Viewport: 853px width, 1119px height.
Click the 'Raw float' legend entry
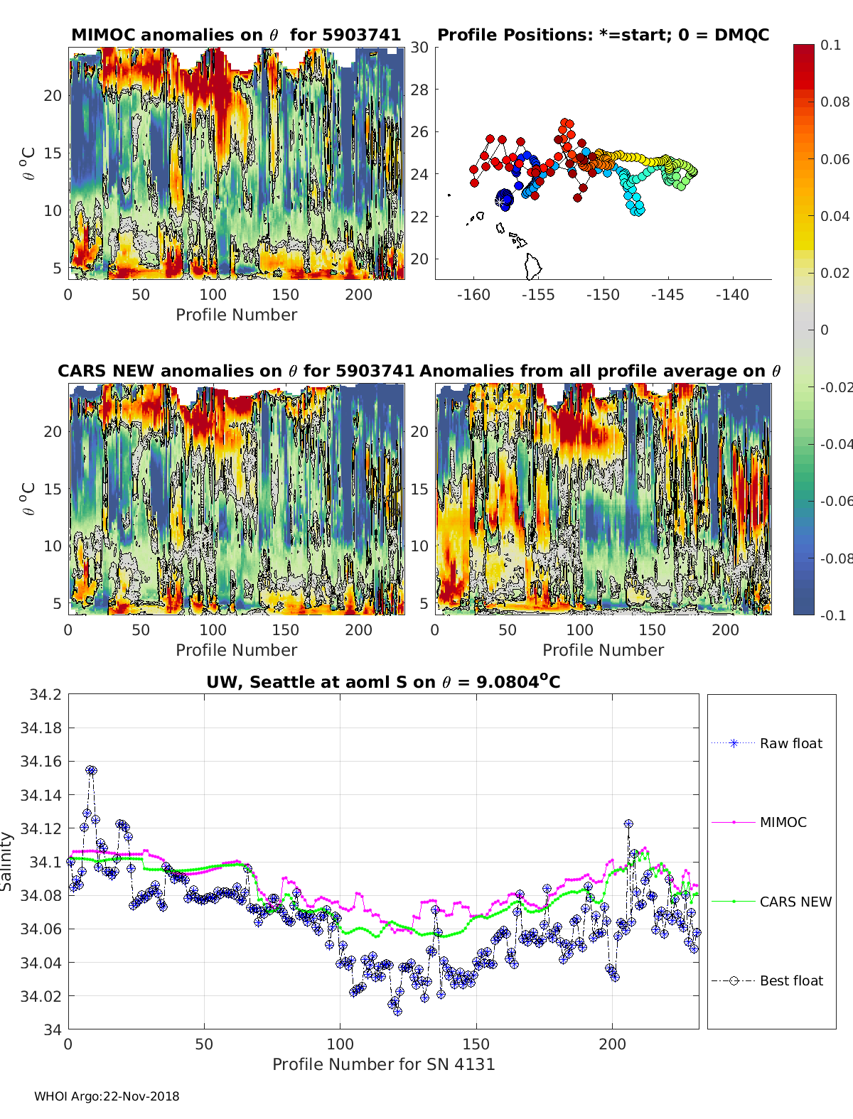[x=767, y=743]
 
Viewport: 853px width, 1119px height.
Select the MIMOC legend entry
[x=759, y=822]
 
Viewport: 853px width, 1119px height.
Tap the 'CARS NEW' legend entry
[x=771, y=902]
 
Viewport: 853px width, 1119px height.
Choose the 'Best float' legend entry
[x=767, y=981]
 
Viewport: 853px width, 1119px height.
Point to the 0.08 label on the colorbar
[x=835, y=102]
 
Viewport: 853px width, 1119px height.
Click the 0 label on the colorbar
[x=825, y=330]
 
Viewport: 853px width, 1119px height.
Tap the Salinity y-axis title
[x=6, y=862]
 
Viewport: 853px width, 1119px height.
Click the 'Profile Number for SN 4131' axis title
[x=383, y=1064]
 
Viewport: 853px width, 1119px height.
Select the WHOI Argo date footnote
[x=107, y=1096]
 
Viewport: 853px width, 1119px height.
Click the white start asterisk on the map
[x=499, y=202]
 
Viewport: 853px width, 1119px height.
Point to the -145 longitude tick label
[x=667, y=295]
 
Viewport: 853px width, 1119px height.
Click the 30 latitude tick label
[x=419, y=48]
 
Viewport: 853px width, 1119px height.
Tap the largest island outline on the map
[x=533, y=266]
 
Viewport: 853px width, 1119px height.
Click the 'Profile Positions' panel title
[x=603, y=35]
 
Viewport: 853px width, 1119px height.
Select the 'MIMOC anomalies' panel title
[x=236, y=35]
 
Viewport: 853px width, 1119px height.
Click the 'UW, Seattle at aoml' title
[x=383, y=681]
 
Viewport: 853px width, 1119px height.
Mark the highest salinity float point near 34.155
[x=91, y=770]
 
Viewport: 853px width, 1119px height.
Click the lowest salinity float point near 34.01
[x=397, y=1012]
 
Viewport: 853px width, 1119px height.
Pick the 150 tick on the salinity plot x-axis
[x=476, y=1044]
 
